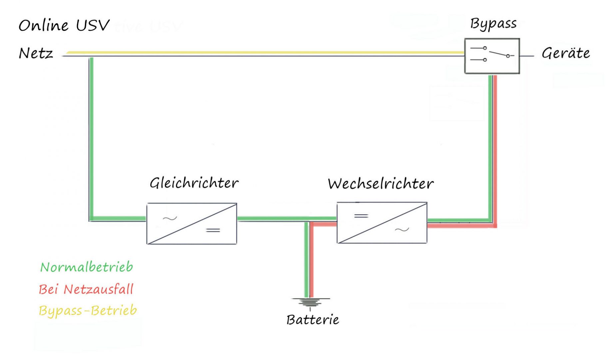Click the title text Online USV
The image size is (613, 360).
pos(64,25)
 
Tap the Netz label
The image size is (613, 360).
pos(36,53)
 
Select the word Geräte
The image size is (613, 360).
pos(566,53)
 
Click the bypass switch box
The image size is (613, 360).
pos(492,56)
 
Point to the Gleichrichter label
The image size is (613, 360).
pos(194,183)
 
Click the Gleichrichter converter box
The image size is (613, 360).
pos(192,224)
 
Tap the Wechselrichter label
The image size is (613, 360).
pos(380,184)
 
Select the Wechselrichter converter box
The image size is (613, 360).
pos(382,223)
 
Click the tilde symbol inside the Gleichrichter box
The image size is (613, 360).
pos(170,219)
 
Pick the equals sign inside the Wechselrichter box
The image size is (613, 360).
pos(361,216)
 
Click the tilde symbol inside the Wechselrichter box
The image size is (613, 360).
pos(402,230)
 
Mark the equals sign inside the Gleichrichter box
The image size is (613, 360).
pos(213,230)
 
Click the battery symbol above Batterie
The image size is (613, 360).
pos(310,302)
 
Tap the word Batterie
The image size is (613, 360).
pos(312,320)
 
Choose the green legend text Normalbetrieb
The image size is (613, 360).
pos(87,267)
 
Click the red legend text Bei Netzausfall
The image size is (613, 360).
pos(86,289)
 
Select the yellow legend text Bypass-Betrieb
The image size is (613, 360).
pos(88,310)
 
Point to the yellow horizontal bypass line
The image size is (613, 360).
pos(267,52)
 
